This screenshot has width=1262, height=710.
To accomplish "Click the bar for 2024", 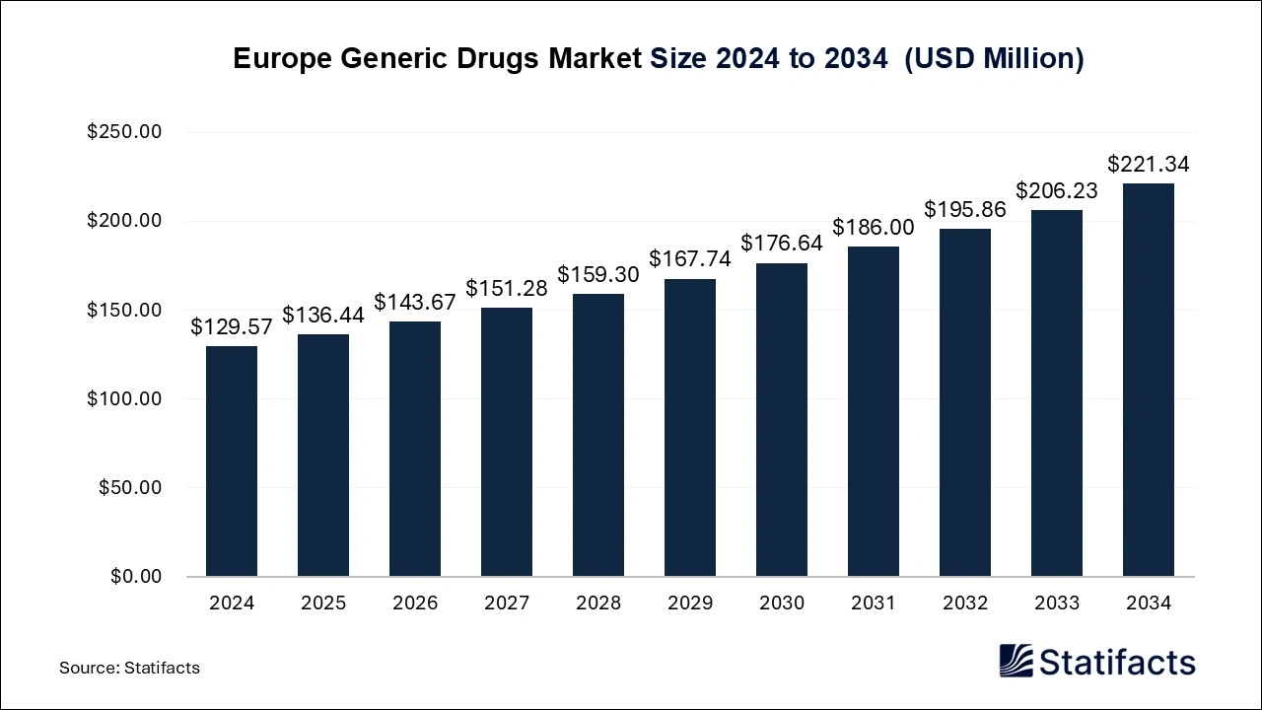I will coord(232,461).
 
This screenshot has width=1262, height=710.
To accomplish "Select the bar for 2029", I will coord(690,427).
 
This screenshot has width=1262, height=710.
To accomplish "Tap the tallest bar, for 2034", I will coord(1149,380).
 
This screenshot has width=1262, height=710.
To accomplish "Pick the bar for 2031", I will coord(874,411).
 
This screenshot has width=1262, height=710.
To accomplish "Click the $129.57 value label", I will coord(232,327).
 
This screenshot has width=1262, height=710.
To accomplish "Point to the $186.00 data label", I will coord(874,228).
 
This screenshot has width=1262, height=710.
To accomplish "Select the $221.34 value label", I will coord(1149,165).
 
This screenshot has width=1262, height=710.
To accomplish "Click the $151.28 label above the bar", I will coord(507,289).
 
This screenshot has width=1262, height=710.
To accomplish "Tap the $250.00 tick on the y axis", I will coord(124,132).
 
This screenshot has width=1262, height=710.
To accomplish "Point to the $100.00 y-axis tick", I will coord(124,398).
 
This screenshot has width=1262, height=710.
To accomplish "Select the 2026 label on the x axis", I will coord(415,603).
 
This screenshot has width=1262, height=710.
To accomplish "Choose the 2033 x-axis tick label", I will coord(1057,603).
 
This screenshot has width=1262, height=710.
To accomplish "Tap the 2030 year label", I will coord(782,603).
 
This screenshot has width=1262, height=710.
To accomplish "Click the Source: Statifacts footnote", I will coord(129,668).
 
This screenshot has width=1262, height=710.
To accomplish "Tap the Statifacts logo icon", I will coord(1016,661).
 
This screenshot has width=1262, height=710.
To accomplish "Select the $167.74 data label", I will coord(690,259).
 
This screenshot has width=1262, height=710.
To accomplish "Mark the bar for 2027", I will coord(507,442).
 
